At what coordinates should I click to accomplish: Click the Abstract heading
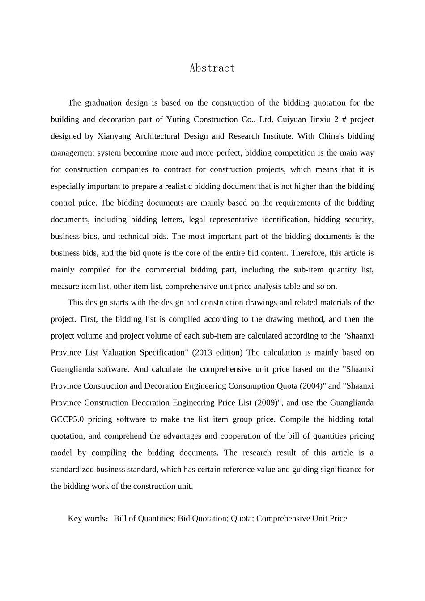[212, 68]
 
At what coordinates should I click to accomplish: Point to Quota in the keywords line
[241, 519]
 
